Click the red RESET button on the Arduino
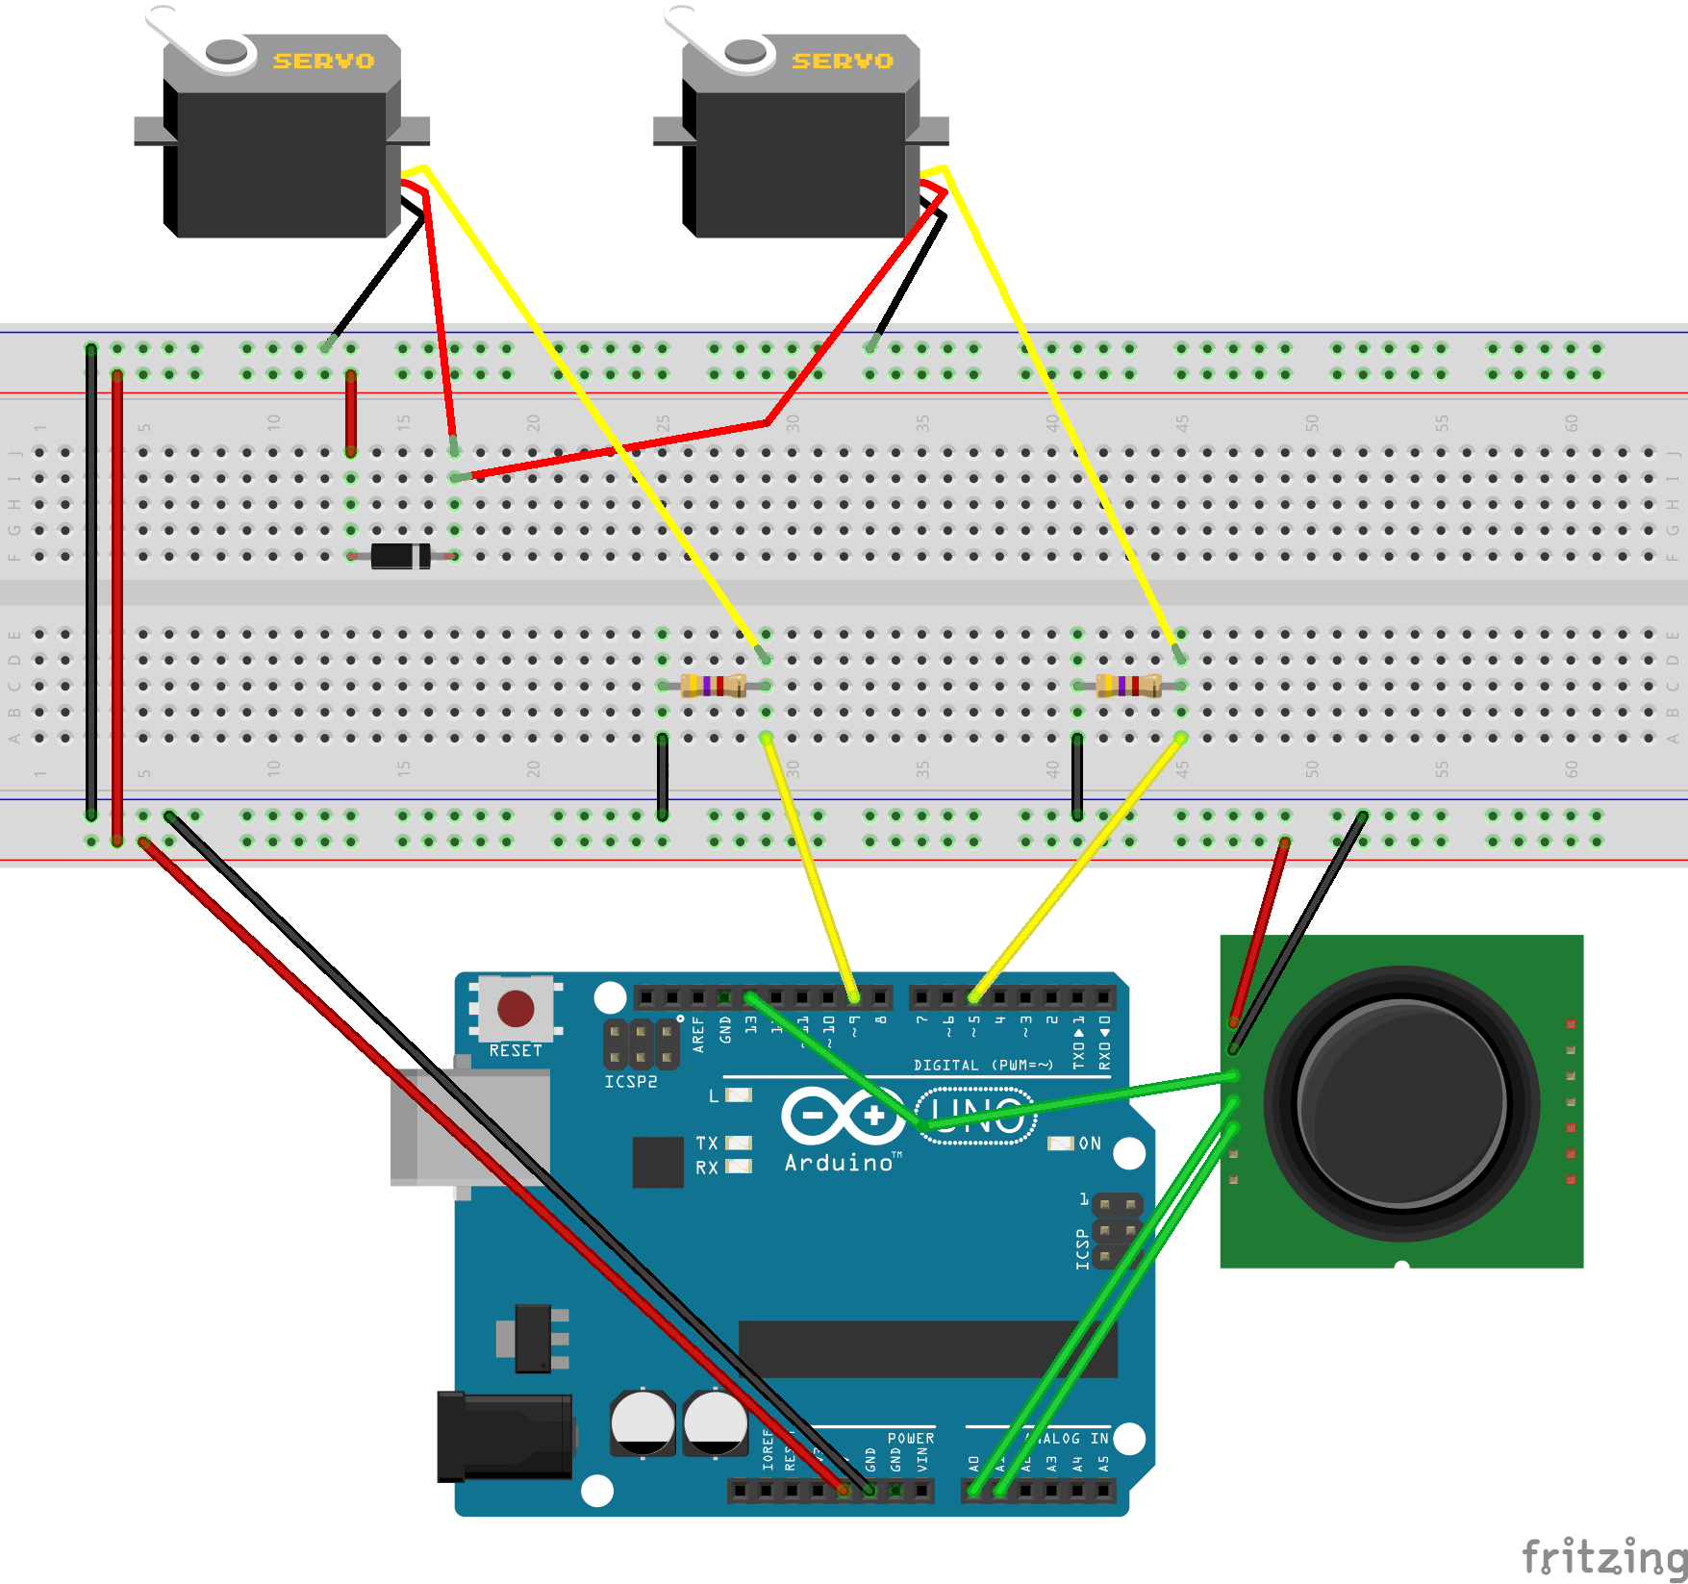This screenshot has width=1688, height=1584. [516, 1009]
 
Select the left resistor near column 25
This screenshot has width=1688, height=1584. [713, 686]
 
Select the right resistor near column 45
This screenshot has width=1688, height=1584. [1129, 686]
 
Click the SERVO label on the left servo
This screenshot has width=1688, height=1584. [323, 61]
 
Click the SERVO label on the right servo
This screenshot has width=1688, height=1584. [843, 61]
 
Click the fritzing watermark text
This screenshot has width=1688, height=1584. [1603, 1555]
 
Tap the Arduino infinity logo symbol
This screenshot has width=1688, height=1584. [843, 1116]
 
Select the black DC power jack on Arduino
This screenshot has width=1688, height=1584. [504, 1437]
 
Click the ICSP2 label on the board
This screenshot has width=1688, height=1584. [631, 1082]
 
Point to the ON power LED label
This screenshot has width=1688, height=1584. [1089, 1144]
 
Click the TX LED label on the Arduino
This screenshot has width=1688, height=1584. [707, 1143]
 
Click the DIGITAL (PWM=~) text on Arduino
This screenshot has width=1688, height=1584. [983, 1065]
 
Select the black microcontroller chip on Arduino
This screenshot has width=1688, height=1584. [927, 1348]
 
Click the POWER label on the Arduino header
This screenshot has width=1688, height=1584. [910, 1439]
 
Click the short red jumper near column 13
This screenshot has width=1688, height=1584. [351, 414]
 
